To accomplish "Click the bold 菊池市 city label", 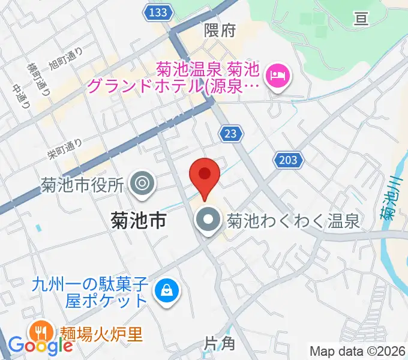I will coord(139,221).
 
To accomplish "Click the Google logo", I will coord(40,345).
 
